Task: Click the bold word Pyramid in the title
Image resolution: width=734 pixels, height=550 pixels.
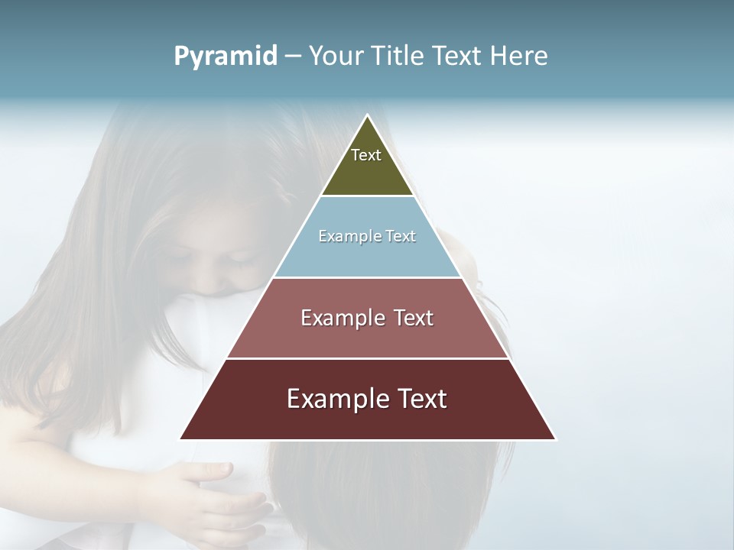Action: coord(226,57)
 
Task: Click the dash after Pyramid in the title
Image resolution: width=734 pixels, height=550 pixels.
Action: coord(292,57)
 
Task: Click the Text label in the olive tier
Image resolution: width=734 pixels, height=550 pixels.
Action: coord(366,155)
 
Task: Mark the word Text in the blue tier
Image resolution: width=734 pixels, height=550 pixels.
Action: coord(401,236)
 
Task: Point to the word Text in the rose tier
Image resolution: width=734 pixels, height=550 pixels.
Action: coord(414,318)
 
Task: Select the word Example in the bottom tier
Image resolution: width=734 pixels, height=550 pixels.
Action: coord(336,399)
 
